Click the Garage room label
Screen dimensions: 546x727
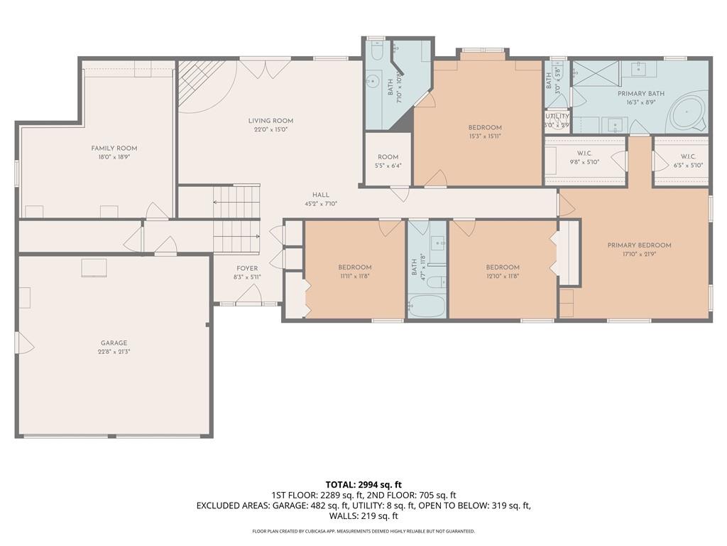pyautogui.click(x=114, y=343)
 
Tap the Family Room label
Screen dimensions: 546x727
pyautogui.click(x=114, y=148)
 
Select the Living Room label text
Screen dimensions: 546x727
pyautogui.click(x=270, y=121)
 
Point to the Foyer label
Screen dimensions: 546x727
pyautogui.click(x=247, y=268)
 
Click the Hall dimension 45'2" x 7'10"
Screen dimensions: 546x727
pyautogui.click(x=320, y=204)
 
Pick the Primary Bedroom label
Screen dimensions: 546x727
pyautogui.click(x=639, y=245)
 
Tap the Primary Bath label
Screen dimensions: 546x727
pyautogui.click(x=640, y=93)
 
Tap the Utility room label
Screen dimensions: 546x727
pyautogui.click(x=557, y=116)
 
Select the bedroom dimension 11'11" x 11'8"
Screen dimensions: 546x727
pyautogui.click(x=355, y=276)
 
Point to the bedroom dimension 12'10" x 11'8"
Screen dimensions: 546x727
pyautogui.click(x=503, y=276)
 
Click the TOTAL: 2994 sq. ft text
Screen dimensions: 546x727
pyautogui.click(x=363, y=485)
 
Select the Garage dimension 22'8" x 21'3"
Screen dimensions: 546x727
pyautogui.click(x=114, y=352)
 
